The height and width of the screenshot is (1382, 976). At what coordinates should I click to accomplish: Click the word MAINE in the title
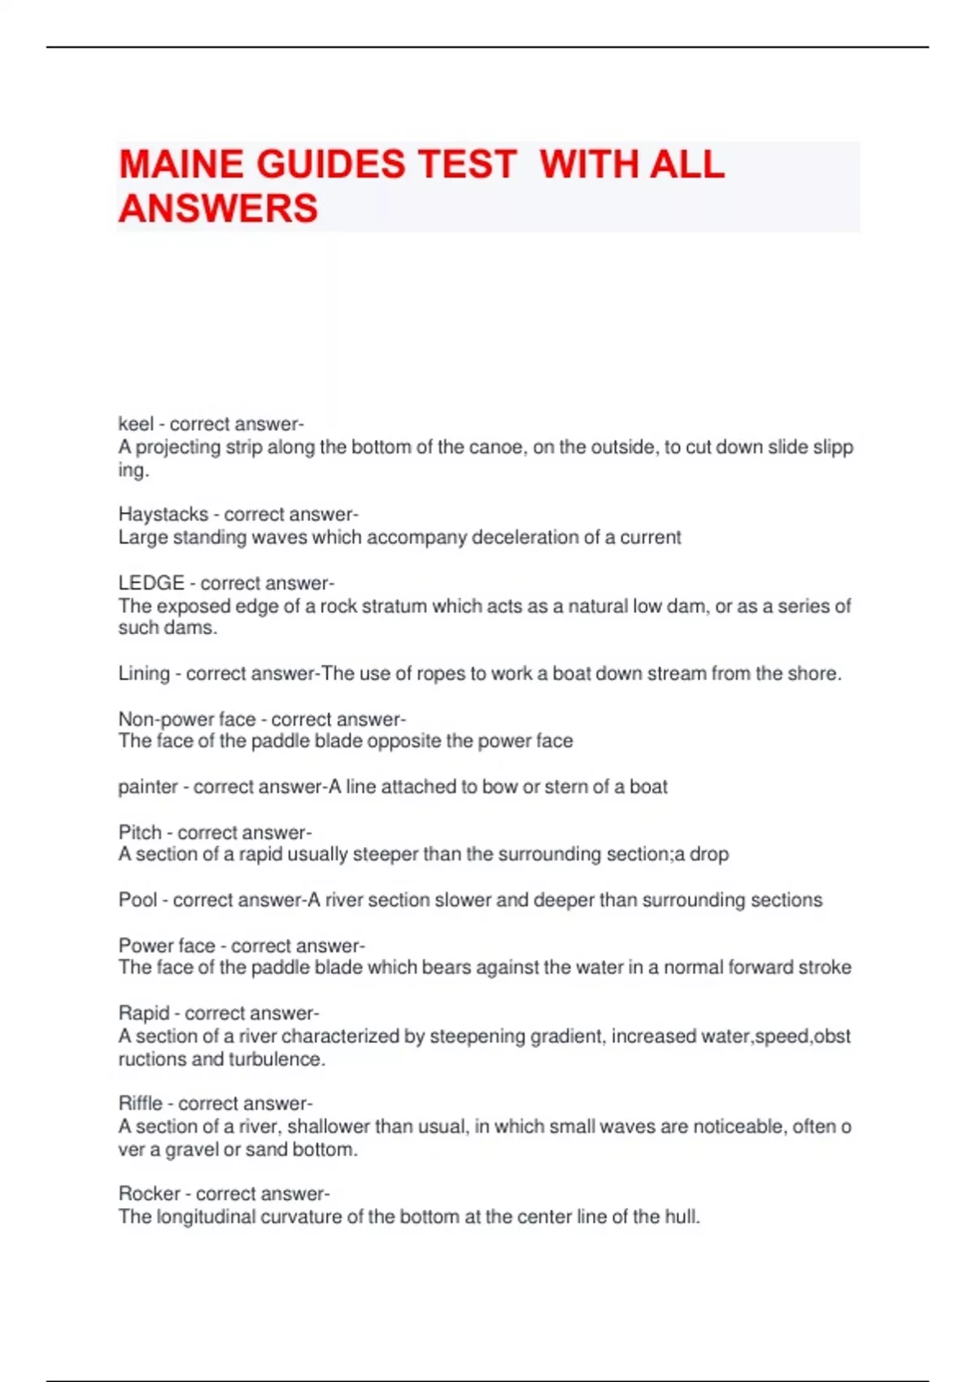(180, 164)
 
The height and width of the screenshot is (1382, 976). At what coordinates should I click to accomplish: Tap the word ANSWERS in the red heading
(218, 208)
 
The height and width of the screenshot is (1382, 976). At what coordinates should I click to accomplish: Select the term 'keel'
(135, 424)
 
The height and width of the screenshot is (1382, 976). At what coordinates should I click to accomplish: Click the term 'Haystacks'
(163, 515)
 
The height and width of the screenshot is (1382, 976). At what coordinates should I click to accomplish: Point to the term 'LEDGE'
(151, 583)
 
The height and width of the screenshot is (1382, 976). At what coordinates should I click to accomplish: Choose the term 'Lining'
(143, 674)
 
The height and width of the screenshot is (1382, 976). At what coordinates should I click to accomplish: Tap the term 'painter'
(147, 787)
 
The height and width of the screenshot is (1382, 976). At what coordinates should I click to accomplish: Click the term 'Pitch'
(140, 832)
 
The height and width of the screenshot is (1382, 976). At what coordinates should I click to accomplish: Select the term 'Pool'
(137, 900)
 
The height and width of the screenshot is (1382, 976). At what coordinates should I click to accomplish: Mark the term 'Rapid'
(144, 1014)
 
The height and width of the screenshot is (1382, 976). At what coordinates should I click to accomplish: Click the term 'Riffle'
(141, 1103)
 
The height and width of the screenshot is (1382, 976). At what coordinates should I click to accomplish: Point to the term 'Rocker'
(150, 1193)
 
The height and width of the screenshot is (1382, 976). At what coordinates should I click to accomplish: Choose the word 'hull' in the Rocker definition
(681, 1217)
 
